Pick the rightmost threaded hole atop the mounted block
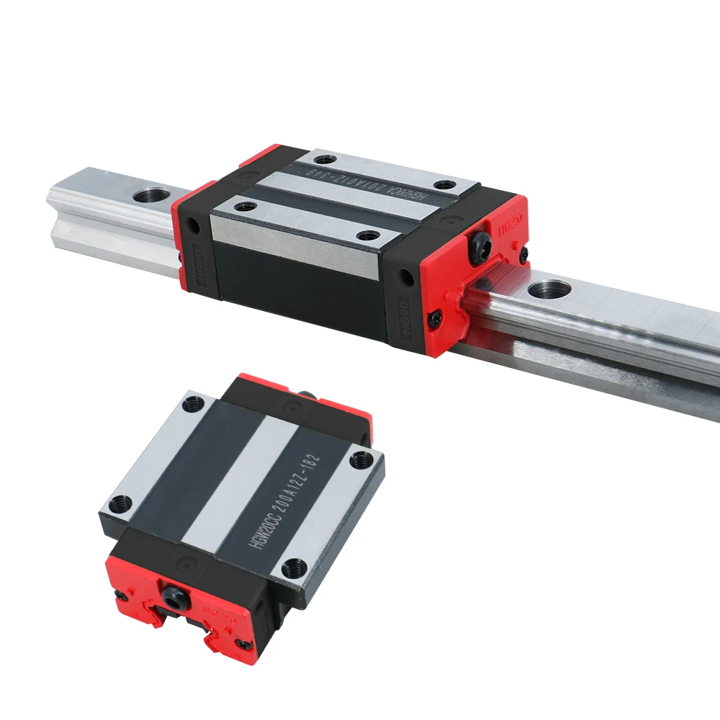coord(448,185)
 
